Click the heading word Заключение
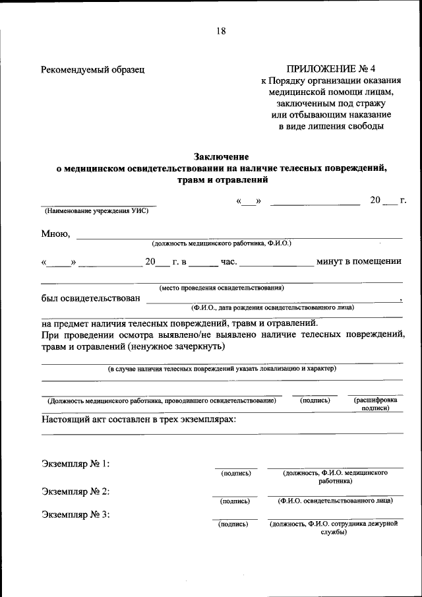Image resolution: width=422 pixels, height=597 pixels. [x=222, y=156]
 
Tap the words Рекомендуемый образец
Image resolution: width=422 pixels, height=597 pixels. [x=92, y=69]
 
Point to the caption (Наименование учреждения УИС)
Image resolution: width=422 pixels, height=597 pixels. [x=96, y=211]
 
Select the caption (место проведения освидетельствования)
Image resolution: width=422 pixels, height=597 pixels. [x=222, y=288]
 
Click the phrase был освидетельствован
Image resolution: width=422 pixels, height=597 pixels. [x=90, y=299]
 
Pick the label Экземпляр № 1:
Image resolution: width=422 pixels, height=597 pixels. [x=75, y=464]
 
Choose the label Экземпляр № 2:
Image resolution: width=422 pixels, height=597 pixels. [x=75, y=491]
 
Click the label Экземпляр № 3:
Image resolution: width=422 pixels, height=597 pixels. [x=75, y=515]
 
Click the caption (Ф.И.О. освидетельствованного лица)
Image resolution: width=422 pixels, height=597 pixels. [x=336, y=501]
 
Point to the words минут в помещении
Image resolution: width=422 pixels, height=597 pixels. [x=359, y=261]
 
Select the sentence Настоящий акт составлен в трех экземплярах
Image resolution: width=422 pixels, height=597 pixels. [x=139, y=420]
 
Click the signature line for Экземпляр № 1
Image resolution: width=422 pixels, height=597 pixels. [x=235, y=468]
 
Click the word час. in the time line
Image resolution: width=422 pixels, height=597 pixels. [x=228, y=261]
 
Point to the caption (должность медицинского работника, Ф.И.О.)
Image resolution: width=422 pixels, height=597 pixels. [x=222, y=243]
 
